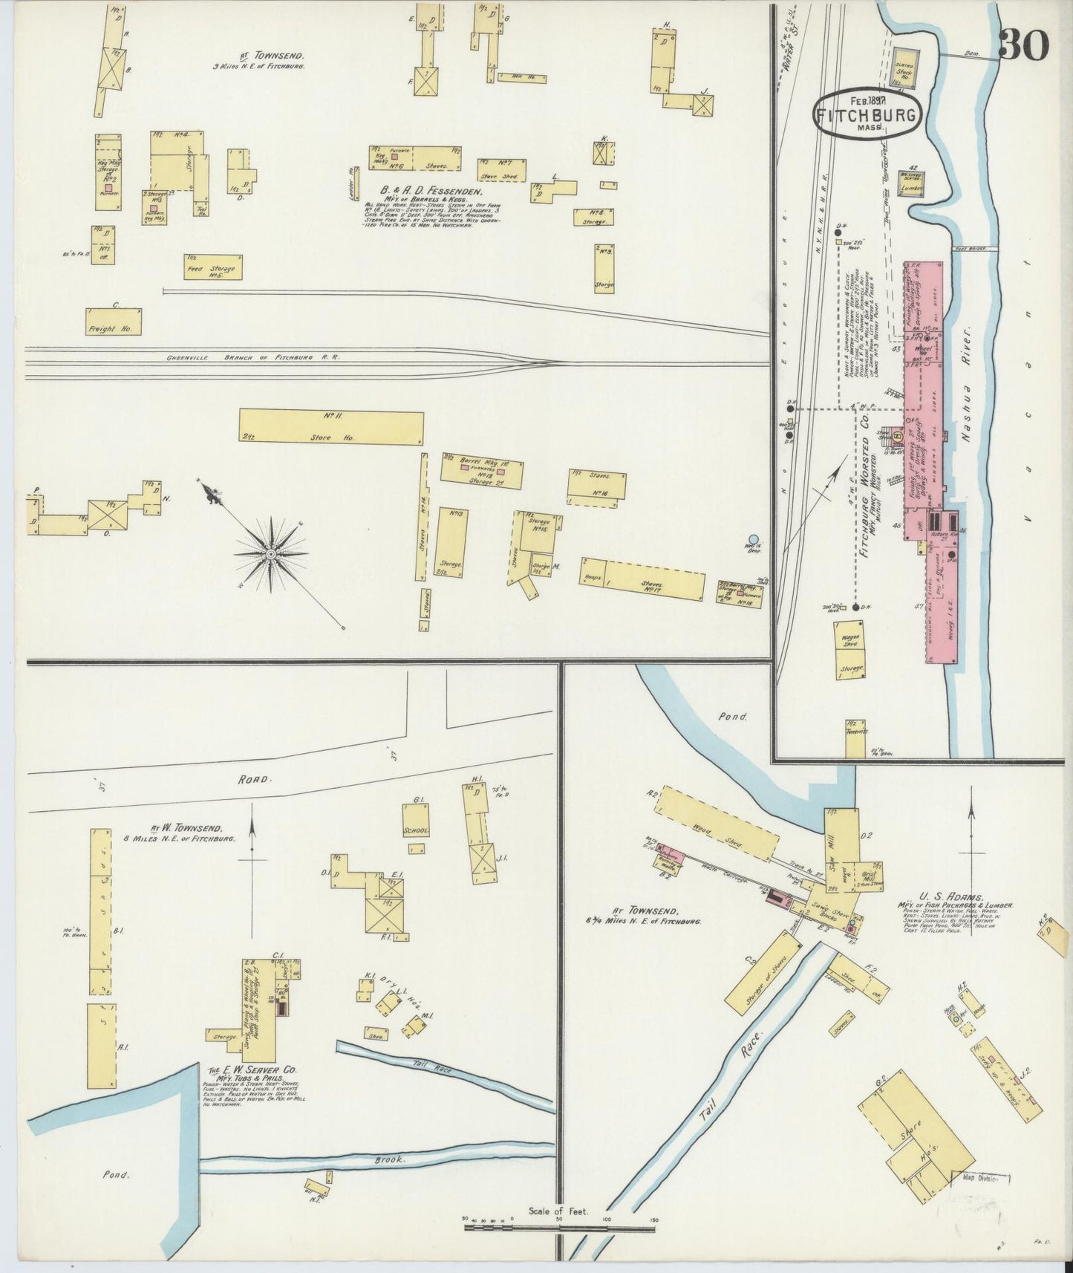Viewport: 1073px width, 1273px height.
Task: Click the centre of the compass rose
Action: tap(271, 554)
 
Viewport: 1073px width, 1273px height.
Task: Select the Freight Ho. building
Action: tap(113, 321)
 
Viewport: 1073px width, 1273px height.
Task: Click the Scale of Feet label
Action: tap(558, 1211)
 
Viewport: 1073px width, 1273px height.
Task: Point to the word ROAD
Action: tap(256, 780)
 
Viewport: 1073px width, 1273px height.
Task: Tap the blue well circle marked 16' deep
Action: tap(754, 540)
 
